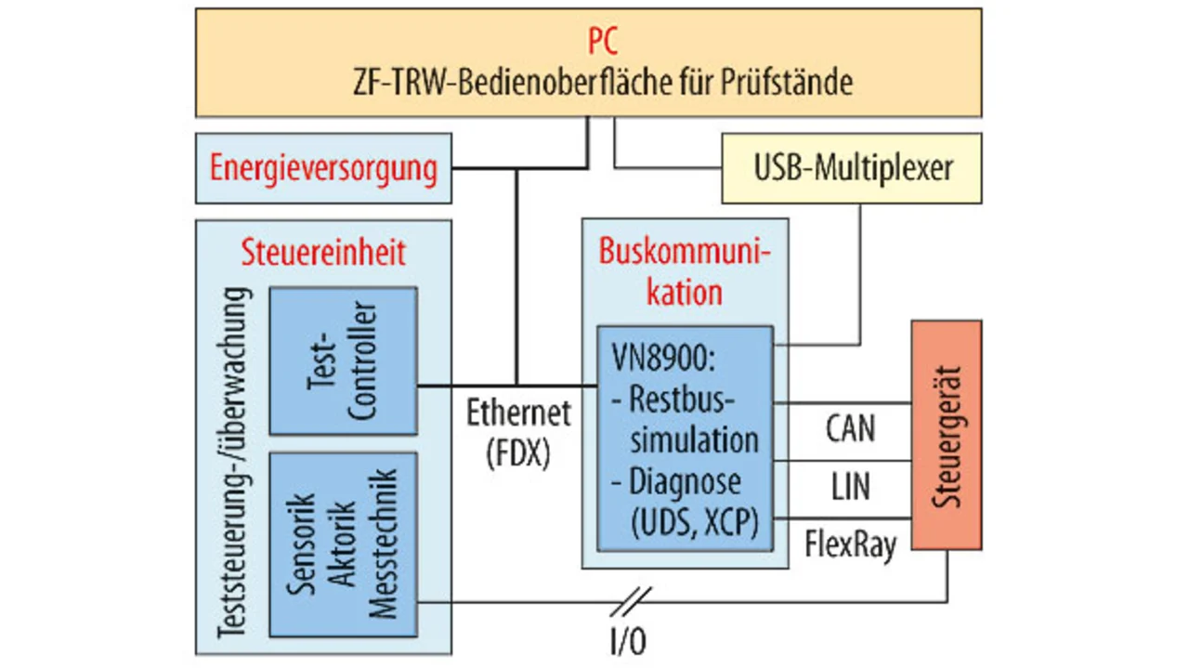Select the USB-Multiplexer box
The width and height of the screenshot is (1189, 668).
tap(852, 168)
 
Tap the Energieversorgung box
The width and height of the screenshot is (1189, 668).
tap(323, 169)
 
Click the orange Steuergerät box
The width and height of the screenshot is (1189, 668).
tap(946, 435)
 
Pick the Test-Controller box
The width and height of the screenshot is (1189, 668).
tap(343, 360)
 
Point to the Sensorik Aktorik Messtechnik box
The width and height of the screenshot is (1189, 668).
tap(343, 544)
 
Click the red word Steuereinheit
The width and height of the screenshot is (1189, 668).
tap(323, 253)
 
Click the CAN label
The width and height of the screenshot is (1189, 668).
tap(849, 429)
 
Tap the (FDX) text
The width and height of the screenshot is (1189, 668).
tap(518, 453)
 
